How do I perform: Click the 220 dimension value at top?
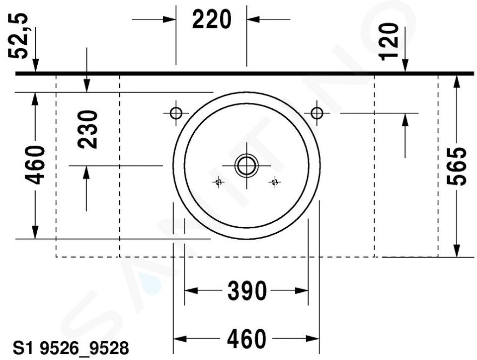(212, 19)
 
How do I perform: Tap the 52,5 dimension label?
(18, 36)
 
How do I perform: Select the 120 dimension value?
(388, 41)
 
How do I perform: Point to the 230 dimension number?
(87, 129)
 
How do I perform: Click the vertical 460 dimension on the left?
(35, 165)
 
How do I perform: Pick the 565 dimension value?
(456, 166)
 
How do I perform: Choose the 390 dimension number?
(247, 291)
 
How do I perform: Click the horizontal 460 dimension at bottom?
(246, 339)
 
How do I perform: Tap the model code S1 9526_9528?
(71, 348)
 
